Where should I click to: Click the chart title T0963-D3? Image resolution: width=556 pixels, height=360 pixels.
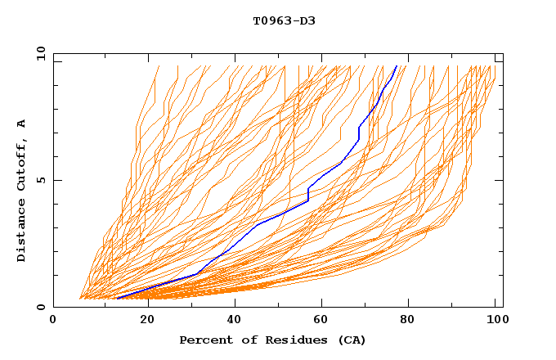click(x=284, y=20)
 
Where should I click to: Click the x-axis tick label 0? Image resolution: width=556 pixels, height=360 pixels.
click(x=53, y=320)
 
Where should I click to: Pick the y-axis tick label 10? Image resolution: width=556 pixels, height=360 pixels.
click(x=40, y=53)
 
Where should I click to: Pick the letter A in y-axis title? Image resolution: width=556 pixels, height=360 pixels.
click(x=21, y=124)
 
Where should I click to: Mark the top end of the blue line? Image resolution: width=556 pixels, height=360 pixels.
click(x=397, y=66)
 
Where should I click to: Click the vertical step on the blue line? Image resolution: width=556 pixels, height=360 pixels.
click(x=307, y=195)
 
